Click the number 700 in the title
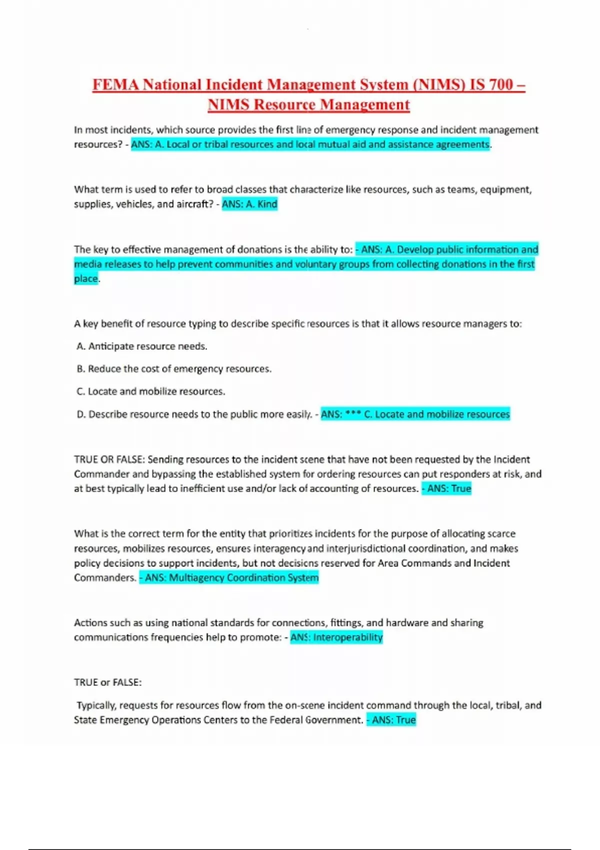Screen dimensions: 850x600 click(500, 85)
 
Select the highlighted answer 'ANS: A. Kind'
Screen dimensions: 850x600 click(249, 204)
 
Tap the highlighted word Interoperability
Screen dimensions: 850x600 click(347, 637)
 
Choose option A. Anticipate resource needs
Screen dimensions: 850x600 click(142, 346)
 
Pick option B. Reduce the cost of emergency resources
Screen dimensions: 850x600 click(174, 369)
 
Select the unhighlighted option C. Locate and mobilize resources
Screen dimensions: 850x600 click(151, 391)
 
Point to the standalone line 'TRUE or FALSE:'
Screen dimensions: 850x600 click(108, 682)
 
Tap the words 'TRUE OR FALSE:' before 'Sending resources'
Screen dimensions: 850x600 click(109, 459)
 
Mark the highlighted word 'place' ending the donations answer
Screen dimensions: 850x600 click(86, 279)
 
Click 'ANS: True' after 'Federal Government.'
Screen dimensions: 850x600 click(391, 720)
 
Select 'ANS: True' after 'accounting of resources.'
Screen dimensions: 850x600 click(446, 488)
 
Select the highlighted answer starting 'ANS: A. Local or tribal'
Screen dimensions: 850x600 click(310, 144)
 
